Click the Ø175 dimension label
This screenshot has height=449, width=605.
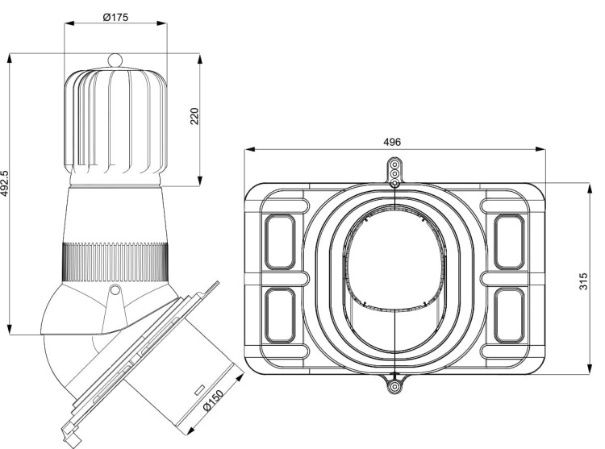coord(115,18)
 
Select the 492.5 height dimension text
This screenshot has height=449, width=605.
coord(4,184)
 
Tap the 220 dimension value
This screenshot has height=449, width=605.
coord(194,116)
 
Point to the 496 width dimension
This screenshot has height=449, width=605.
coord(392,142)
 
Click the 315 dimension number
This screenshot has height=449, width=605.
coord(583,281)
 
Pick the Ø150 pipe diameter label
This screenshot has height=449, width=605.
coord(213,401)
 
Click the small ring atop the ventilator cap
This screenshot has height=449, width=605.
coord(115,60)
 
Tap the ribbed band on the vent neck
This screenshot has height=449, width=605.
coord(115,262)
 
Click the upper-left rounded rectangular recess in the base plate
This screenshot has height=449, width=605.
coord(280,242)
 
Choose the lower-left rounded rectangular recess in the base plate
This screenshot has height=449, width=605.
coord(280,315)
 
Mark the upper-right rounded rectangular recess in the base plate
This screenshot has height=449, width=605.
coord(509,242)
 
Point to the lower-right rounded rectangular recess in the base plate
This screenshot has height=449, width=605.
coord(509,315)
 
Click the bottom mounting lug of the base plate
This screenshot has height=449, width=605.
coord(394,386)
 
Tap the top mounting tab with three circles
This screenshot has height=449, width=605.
coord(394,171)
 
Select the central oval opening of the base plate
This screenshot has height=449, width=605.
coord(394,257)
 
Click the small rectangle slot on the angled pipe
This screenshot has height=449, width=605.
coord(199,390)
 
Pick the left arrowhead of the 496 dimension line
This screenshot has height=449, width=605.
coord(249,150)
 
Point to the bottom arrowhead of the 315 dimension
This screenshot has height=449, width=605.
coord(590,369)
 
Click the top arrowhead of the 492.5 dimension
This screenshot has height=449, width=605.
coord(9,59)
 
